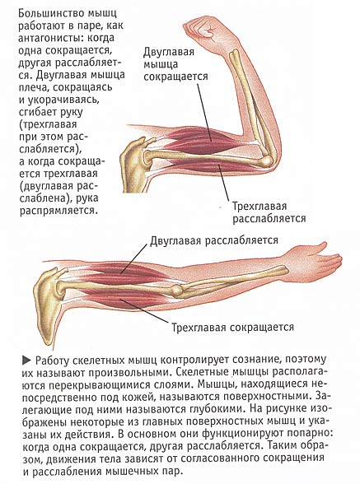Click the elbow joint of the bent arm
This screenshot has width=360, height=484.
coord(266,160)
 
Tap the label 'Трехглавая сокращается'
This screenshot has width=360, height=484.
coord(232,327)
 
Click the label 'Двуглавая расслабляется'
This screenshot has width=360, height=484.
coord(214,240)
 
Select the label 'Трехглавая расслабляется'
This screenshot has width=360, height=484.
coord(269,212)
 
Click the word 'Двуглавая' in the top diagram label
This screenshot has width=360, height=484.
coord(169,52)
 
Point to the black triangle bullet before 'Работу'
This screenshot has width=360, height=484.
coord(26,361)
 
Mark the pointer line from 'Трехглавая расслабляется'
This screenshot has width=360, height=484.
coord(223,183)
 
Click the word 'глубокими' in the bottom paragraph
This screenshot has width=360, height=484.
coord(213,409)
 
